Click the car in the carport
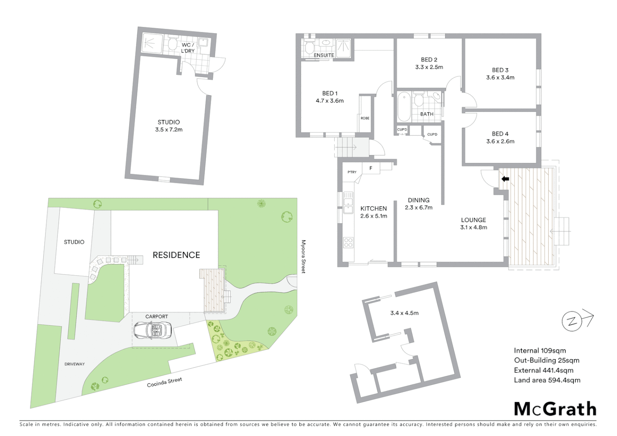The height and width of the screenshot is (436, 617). [x=153, y=330]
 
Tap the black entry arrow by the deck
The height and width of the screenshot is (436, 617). [x=505, y=179]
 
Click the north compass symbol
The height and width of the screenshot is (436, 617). [x=572, y=321]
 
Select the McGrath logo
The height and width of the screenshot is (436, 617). [x=555, y=409]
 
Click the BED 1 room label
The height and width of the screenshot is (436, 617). [x=329, y=93]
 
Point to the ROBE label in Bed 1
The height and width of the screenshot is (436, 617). [x=365, y=118]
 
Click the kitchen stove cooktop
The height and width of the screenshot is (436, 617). [x=348, y=243]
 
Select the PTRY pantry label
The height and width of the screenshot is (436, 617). [x=352, y=172]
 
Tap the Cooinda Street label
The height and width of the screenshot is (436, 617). [x=164, y=382]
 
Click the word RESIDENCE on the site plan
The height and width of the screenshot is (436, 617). [x=176, y=255]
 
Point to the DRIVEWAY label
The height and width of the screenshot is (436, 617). [x=75, y=364]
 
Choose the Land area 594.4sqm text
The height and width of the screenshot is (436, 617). [x=547, y=380]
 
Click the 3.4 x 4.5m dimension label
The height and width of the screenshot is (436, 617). [x=404, y=313]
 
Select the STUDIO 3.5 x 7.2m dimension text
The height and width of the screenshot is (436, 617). [x=169, y=130]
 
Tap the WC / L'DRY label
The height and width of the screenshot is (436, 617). [x=188, y=48]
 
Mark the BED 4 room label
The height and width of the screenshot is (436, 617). [x=500, y=134]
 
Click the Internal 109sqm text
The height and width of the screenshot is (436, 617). [x=539, y=350]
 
